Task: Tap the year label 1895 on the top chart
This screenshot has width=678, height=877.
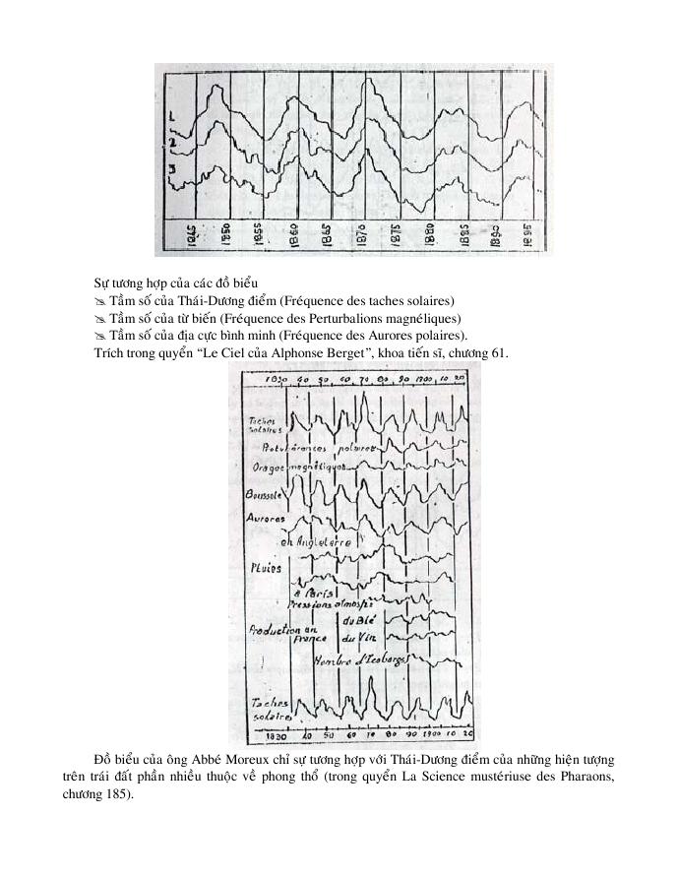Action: [x=526, y=236]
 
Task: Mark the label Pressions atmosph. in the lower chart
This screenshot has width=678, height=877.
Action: [x=330, y=607]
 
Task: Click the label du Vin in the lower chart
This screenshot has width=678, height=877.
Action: [x=351, y=638]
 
